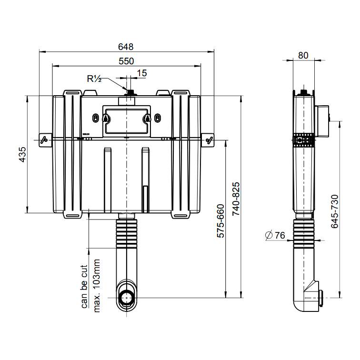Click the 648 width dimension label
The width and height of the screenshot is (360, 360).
(126, 47)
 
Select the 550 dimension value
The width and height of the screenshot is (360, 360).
(126, 61)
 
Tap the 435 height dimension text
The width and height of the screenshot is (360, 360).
(22, 154)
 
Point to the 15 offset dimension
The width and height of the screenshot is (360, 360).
(141, 73)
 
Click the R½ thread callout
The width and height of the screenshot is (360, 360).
(94, 79)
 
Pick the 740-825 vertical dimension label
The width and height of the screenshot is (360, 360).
(236, 199)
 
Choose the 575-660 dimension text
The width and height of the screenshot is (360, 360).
(220, 221)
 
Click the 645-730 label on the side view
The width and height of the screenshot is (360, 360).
(335, 211)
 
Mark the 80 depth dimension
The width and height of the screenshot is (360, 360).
(303, 55)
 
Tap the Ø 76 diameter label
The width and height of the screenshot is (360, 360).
(275, 235)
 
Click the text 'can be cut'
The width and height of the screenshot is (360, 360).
(84, 287)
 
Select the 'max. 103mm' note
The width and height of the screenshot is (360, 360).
(97, 286)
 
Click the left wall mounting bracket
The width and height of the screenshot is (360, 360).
(45, 140)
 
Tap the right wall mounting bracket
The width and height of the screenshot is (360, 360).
(208, 140)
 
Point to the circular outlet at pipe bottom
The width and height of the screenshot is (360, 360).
(126, 298)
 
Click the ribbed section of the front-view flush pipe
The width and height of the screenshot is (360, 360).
(127, 233)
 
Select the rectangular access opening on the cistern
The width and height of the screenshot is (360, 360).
(127, 121)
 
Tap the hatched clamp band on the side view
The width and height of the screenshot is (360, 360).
(304, 140)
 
